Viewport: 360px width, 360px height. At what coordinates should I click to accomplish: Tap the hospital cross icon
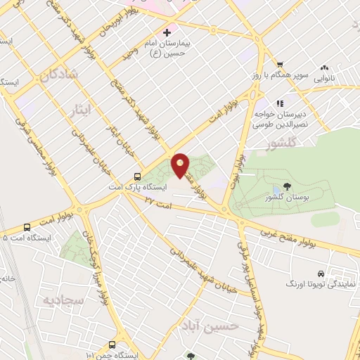[167, 32]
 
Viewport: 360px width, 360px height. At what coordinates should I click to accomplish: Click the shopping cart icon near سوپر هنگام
[280, 63]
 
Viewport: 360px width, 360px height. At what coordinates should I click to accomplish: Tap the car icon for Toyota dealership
[321, 273]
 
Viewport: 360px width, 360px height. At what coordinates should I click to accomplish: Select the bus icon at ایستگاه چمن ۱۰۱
[112, 345]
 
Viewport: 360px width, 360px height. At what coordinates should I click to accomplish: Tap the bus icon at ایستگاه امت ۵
[27, 227]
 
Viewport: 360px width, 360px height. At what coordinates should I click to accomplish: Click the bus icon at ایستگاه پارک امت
[138, 177]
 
